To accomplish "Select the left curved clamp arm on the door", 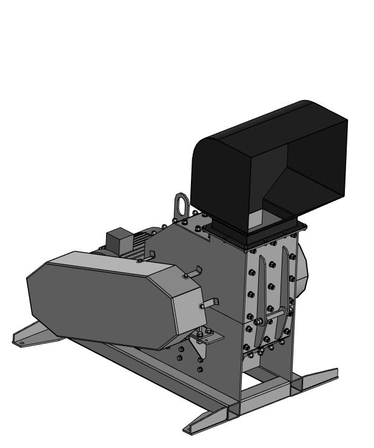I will tap(259, 297).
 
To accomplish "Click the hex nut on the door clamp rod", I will tap(258, 322).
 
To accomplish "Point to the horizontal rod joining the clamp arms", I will tap(273, 316).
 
